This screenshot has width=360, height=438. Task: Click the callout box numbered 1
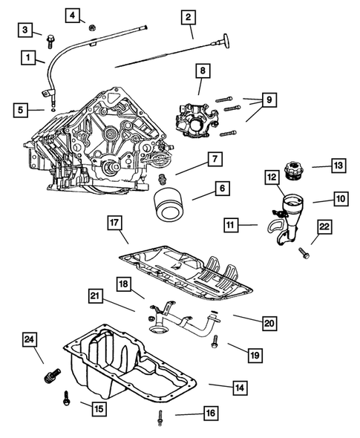[x=27, y=56]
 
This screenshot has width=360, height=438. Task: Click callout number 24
[x=28, y=340]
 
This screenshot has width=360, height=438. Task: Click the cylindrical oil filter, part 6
[x=168, y=203]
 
